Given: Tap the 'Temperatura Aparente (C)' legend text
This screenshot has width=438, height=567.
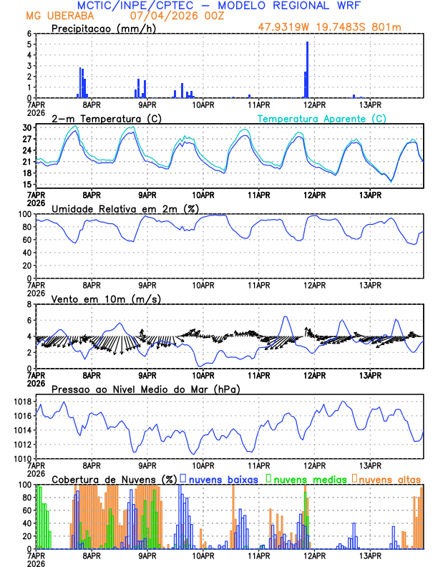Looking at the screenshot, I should coord(321,118).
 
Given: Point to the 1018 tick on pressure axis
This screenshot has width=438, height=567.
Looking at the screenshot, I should coord(22,402).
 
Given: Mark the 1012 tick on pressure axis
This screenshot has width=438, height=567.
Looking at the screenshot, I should coord(22,445).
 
